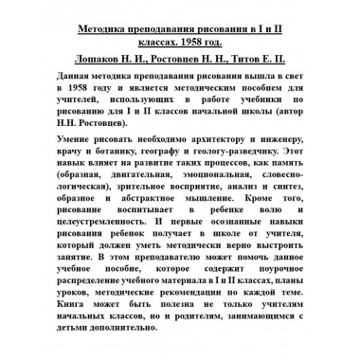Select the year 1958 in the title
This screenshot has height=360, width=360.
(213, 41)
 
